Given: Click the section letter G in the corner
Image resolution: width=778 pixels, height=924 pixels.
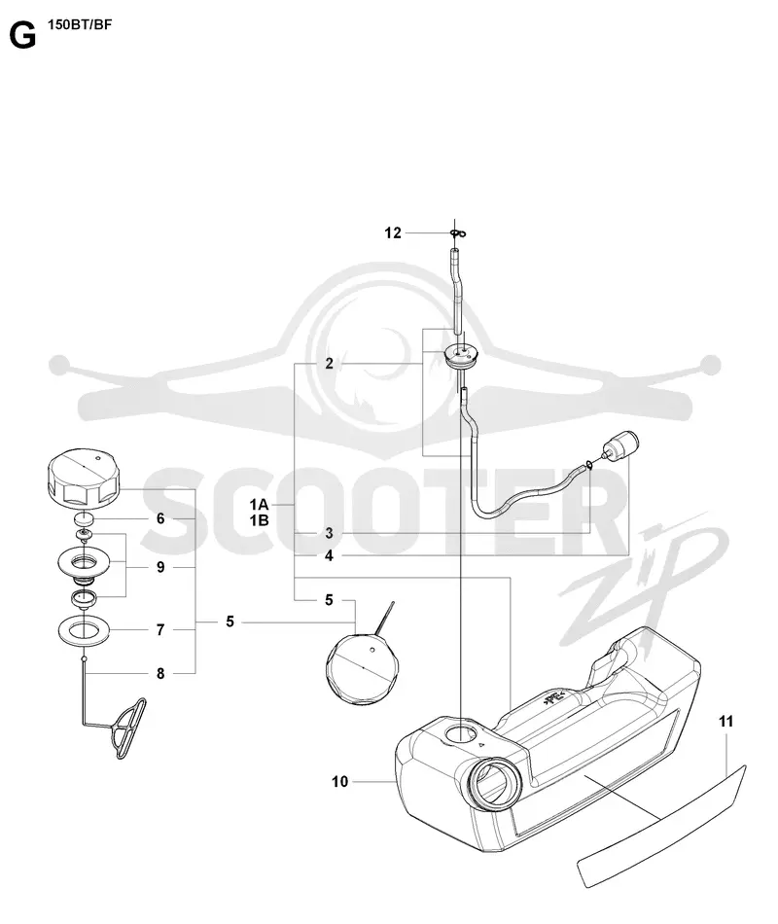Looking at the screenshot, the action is tap(22, 36).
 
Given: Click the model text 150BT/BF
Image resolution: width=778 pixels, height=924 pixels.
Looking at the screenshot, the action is tap(80, 24).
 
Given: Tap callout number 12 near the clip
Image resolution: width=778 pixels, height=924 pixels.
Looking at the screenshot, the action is tap(393, 233).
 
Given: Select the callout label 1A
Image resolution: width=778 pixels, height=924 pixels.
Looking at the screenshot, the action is tap(259, 505).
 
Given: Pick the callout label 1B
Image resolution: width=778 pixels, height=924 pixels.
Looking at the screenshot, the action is tap(259, 520).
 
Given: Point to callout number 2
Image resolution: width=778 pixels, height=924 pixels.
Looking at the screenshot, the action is tap(329, 364).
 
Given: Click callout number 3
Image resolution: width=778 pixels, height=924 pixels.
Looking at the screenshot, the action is tap(329, 533).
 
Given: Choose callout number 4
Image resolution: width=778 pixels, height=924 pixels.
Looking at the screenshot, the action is tap(329, 555).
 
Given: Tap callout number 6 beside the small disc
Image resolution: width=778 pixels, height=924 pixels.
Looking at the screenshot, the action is tap(160, 518).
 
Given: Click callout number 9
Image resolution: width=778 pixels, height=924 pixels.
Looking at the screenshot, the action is tap(160, 567).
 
